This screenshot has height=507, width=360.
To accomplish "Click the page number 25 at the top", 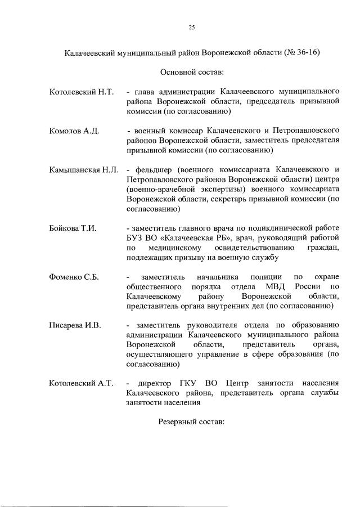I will point(191,27).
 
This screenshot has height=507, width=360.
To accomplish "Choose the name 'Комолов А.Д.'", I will point(74,131).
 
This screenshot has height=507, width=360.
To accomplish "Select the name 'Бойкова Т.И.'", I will point(73,228).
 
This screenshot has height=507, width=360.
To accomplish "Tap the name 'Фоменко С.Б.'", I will point(74,277).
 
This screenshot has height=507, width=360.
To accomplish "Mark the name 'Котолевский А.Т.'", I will point(82,384).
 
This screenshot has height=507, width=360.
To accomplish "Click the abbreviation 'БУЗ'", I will point(136,238).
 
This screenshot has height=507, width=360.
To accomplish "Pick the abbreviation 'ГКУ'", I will point(190,384).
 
